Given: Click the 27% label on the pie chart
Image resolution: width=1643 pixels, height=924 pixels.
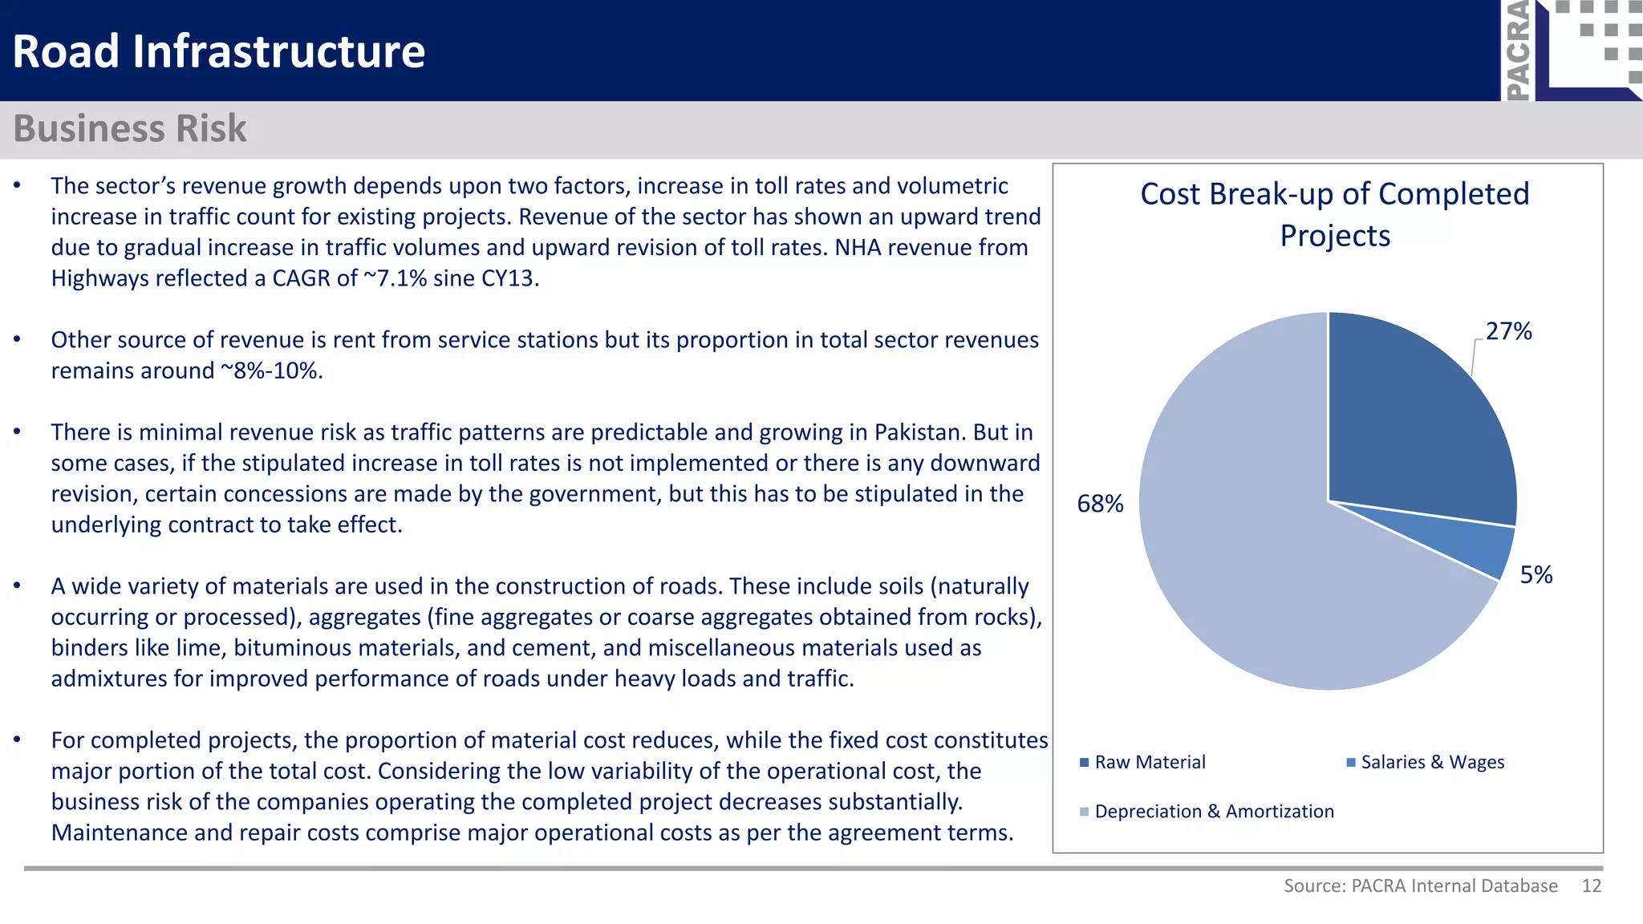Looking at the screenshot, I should (x=1508, y=331).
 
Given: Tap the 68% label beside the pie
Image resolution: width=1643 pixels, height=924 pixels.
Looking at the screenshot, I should (x=1100, y=504).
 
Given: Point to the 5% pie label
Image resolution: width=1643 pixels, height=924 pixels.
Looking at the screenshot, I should (x=1536, y=575).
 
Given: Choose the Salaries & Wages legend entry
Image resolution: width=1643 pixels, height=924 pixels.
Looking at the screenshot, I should (x=1432, y=762).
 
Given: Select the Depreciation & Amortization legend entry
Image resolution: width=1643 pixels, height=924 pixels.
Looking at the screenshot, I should (x=1213, y=812).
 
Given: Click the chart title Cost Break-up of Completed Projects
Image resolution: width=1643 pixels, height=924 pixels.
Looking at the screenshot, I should (x=1335, y=214).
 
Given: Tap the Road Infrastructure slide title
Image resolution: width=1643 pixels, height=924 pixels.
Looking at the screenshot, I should (x=218, y=51).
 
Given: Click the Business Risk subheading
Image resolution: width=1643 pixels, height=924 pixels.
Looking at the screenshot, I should (x=130, y=128).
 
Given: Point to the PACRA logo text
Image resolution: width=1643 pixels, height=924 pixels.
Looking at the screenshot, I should (x=1518, y=50).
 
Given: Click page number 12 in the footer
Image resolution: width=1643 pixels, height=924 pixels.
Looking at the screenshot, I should (x=1592, y=885).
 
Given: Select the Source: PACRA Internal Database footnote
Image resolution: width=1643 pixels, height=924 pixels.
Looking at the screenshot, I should (x=1420, y=885).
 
